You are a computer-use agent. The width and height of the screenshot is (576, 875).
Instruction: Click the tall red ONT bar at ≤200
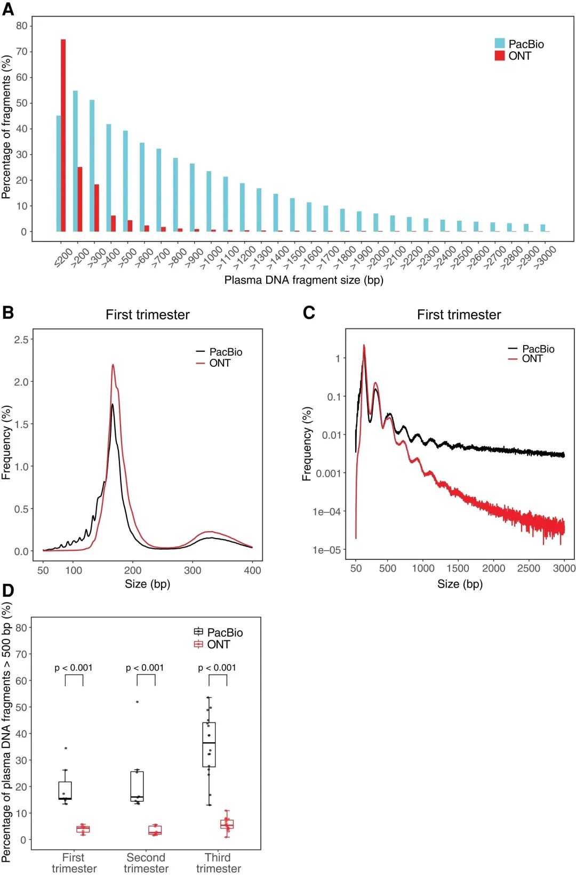tap(63, 135)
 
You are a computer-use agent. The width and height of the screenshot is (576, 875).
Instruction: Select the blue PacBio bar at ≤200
tap(59, 174)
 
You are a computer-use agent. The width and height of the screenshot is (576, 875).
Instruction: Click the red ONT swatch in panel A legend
tap(500, 55)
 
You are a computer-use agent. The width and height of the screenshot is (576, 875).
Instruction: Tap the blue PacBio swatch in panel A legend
tap(500, 44)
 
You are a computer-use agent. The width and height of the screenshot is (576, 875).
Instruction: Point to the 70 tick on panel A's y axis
tap(22, 52)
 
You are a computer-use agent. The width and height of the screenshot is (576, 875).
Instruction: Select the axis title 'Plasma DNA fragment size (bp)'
tap(303, 280)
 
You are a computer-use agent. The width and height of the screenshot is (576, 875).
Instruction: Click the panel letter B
tap(8, 312)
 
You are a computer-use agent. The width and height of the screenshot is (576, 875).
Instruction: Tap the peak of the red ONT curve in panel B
tap(113, 365)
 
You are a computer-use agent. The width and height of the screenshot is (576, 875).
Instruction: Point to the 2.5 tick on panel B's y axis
tap(21, 340)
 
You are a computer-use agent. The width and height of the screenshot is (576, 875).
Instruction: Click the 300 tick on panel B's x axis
tap(193, 570)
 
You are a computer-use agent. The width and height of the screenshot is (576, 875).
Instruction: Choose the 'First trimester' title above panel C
tap(459, 315)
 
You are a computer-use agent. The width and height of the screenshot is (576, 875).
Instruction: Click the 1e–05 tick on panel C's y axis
tap(326, 550)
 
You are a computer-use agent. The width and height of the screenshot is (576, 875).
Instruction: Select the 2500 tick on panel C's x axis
tap(529, 568)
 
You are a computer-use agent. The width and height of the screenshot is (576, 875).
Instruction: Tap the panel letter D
tap(8, 590)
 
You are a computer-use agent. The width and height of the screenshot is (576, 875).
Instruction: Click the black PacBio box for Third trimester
tap(209, 744)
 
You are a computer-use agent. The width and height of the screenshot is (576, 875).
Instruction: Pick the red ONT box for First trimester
tap(83, 829)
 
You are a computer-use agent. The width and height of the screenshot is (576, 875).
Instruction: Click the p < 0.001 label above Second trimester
tap(145, 668)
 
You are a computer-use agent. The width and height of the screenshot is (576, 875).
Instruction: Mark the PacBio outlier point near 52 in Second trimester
tap(137, 702)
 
